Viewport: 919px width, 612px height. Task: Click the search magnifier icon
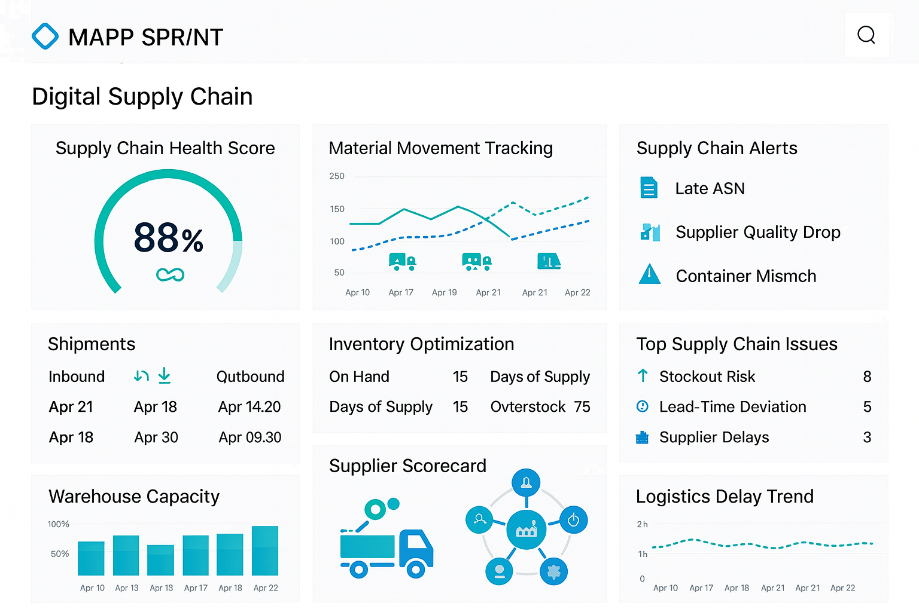click(x=866, y=35)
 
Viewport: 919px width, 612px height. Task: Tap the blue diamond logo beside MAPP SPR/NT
click(x=45, y=36)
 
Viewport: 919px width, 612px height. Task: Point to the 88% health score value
click(x=168, y=238)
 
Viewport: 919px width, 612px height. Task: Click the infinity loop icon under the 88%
click(x=170, y=275)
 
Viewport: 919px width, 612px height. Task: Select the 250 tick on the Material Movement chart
click(x=337, y=176)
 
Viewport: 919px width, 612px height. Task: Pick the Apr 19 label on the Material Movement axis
click(x=444, y=293)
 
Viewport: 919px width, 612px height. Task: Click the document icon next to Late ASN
click(x=649, y=188)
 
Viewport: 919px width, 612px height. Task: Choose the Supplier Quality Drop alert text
click(x=757, y=232)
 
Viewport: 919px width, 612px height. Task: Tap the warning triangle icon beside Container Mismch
click(x=650, y=274)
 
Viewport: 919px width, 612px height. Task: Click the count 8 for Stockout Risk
click(x=867, y=377)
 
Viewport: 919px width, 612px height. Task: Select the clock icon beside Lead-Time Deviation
click(x=643, y=406)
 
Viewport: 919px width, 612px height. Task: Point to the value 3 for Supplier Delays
click(x=867, y=437)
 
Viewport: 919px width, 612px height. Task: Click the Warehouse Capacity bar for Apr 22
click(x=265, y=551)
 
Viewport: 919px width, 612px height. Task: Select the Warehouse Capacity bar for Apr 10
click(x=92, y=558)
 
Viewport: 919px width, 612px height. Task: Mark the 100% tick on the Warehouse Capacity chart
click(x=59, y=524)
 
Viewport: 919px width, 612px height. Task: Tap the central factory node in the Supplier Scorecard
click(x=527, y=530)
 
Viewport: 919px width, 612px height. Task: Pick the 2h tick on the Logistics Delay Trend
click(x=642, y=524)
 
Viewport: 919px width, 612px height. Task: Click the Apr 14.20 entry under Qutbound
click(x=249, y=407)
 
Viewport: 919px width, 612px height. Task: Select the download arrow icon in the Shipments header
click(x=165, y=376)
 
